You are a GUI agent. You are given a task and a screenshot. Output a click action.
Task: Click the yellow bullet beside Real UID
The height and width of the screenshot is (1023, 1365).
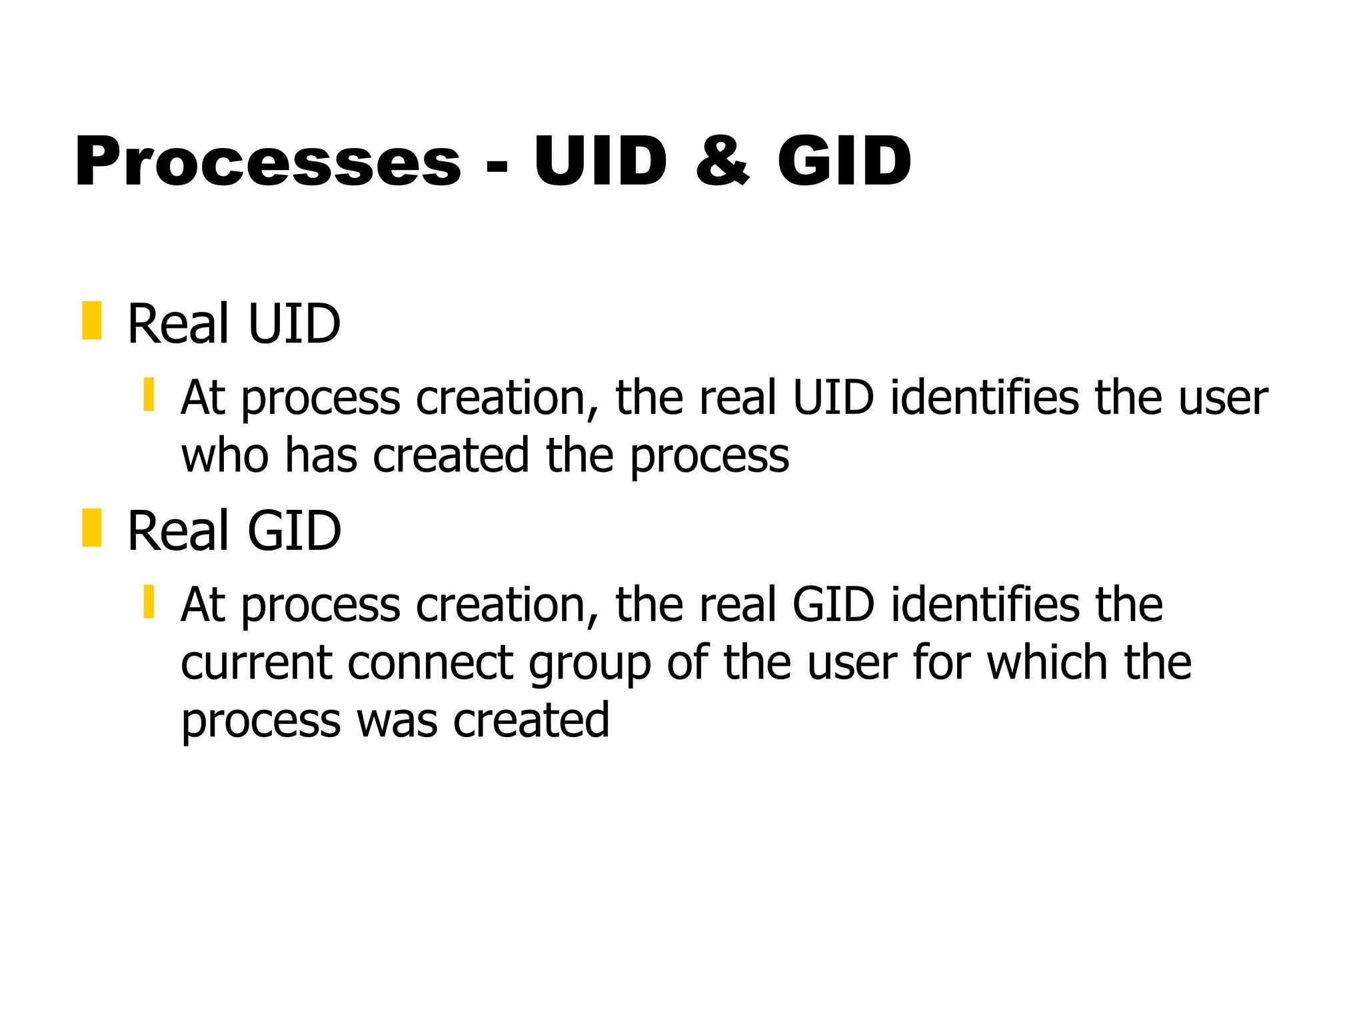[91, 321]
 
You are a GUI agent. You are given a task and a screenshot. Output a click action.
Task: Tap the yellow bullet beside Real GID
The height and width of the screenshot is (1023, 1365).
[91, 528]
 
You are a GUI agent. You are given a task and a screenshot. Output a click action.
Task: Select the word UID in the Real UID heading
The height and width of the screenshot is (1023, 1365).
[294, 324]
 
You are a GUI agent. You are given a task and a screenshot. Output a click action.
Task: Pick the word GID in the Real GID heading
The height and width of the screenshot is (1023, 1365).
[294, 531]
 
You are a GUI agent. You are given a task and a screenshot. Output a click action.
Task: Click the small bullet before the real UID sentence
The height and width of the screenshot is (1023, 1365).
[149, 395]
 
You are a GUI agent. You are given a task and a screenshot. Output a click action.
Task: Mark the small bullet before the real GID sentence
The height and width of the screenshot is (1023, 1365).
[149, 602]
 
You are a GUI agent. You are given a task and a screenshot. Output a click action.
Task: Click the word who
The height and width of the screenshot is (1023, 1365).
[225, 455]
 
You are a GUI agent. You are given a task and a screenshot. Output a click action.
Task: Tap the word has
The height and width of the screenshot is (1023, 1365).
[321, 455]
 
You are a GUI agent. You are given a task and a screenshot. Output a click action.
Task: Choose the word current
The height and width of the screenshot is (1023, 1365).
[256, 663]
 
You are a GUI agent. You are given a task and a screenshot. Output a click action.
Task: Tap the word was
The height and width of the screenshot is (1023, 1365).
[397, 721]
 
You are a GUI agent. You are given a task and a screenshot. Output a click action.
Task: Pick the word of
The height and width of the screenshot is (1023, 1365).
[687, 663]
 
